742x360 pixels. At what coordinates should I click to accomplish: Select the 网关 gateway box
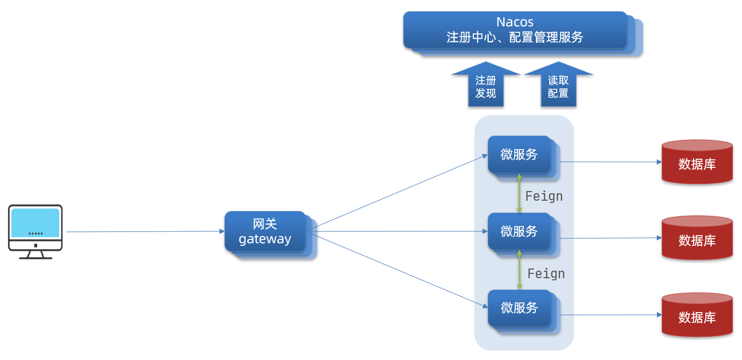[265, 231]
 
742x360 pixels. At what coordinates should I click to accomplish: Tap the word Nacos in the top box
[515, 22]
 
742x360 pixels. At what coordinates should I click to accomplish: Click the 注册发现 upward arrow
[486, 86]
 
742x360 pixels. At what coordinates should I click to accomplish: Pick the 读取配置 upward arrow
[558, 86]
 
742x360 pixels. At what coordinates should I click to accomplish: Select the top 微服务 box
[519, 154]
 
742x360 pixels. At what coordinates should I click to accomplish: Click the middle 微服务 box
[519, 231]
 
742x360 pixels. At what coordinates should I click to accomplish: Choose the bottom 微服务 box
[519, 308]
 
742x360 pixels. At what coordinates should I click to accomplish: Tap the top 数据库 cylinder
[697, 163]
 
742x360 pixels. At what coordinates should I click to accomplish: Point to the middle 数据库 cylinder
[697, 239]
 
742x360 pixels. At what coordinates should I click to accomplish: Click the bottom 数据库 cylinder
[697, 316]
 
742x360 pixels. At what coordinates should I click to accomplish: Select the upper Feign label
[544, 196]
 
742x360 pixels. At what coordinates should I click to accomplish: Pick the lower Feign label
[546, 274]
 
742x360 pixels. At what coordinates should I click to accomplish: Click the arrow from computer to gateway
[145, 232]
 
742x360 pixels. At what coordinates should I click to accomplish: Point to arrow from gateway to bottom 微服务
[398, 271]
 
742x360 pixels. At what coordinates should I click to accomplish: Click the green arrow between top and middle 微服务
[519, 193]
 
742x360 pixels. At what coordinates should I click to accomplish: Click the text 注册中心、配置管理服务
[515, 38]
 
